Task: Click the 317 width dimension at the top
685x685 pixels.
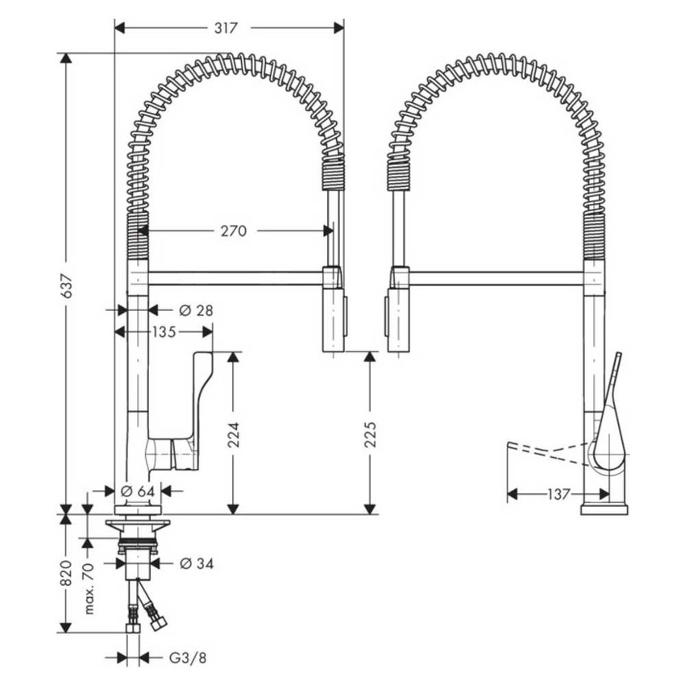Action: pos(226,28)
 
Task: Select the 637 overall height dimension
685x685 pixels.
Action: pos(68,284)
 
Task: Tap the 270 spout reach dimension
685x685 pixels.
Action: pos(234,230)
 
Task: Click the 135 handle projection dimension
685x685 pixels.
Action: pos(164,331)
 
